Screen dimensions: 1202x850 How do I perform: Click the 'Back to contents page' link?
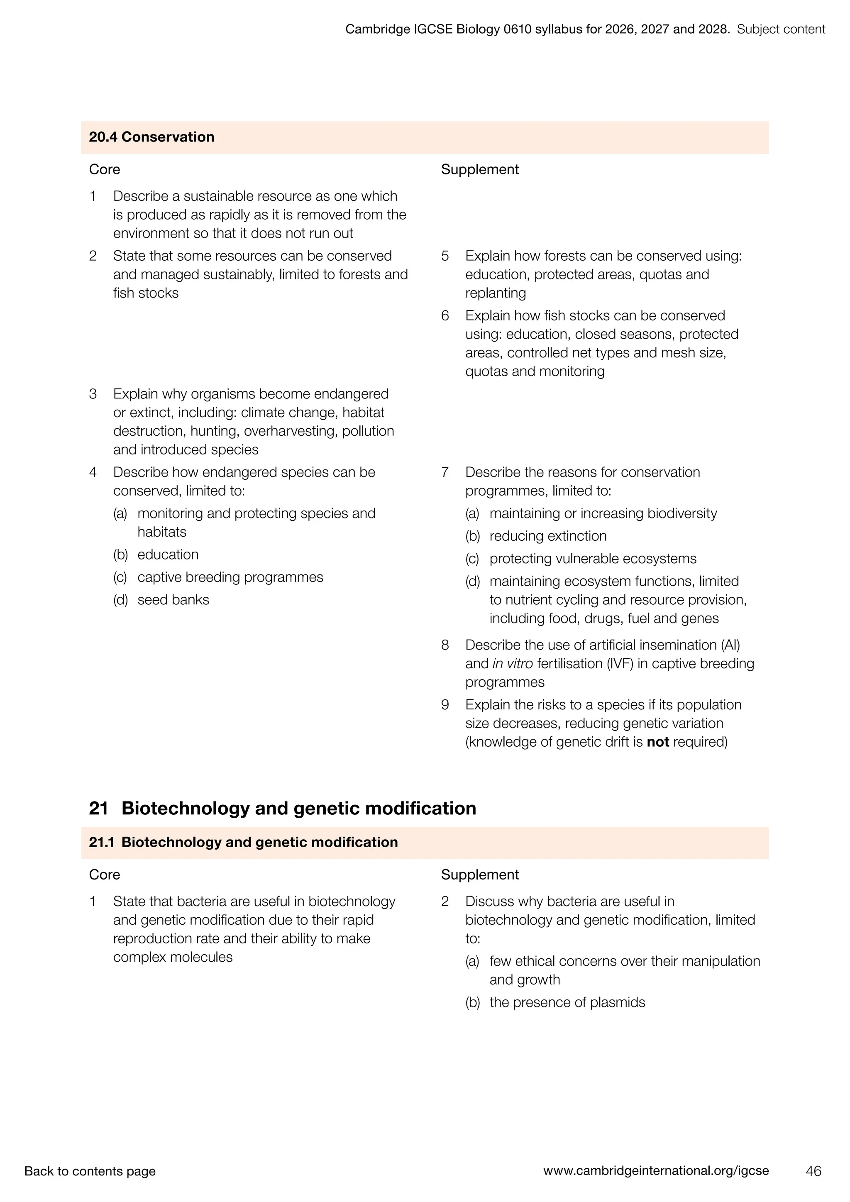pos(90,1171)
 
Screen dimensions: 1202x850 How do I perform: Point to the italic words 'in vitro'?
pos(513,663)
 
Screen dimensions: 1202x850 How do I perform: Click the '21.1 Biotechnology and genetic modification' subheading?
pos(243,842)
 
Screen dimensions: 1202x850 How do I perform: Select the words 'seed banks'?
pos(173,600)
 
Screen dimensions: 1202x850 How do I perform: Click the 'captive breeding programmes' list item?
pos(230,577)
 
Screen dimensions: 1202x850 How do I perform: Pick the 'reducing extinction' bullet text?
pos(548,536)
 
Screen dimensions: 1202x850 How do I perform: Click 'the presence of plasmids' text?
pos(567,1002)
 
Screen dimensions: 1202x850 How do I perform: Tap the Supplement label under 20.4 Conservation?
pos(479,170)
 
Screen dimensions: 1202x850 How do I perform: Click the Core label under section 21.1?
pos(104,875)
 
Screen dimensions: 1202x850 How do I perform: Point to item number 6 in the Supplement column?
pos(445,316)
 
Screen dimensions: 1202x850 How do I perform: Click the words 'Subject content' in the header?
pos(781,29)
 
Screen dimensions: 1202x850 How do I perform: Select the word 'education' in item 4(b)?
pos(168,555)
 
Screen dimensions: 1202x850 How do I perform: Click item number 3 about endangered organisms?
pos(93,394)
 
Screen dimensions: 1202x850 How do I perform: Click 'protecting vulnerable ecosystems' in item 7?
pos(593,559)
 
